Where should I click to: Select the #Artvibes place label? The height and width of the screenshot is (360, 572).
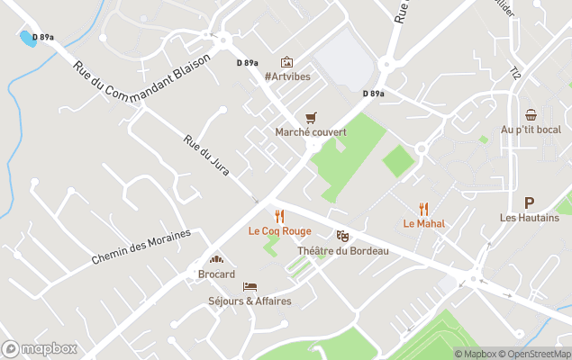click(287, 76)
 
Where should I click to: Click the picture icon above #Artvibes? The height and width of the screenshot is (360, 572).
click(286, 62)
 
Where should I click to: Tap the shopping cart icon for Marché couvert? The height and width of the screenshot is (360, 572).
click(311, 118)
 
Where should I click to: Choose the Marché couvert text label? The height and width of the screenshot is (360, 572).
click(311, 132)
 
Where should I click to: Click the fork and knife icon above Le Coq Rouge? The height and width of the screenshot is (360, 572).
click(279, 216)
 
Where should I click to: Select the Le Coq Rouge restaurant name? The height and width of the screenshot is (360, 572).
click(279, 231)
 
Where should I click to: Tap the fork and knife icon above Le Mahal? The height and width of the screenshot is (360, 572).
click(424, 209)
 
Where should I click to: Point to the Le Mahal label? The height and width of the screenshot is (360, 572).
click(424, 223)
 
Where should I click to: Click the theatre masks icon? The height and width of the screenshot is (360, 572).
click(342, 236)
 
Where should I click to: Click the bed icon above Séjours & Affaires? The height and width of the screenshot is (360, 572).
click(250, 286)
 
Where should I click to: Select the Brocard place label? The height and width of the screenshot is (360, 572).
click(216, 274)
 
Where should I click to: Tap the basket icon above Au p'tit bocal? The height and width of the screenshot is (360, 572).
click(531, 115)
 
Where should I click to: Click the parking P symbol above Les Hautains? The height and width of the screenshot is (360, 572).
click(529, 203)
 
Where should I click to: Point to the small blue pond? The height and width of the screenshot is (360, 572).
click(28, 39)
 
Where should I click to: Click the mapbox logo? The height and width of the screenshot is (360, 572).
click(41, 348)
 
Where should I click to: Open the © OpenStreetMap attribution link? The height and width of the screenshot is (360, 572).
click(535, 354)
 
